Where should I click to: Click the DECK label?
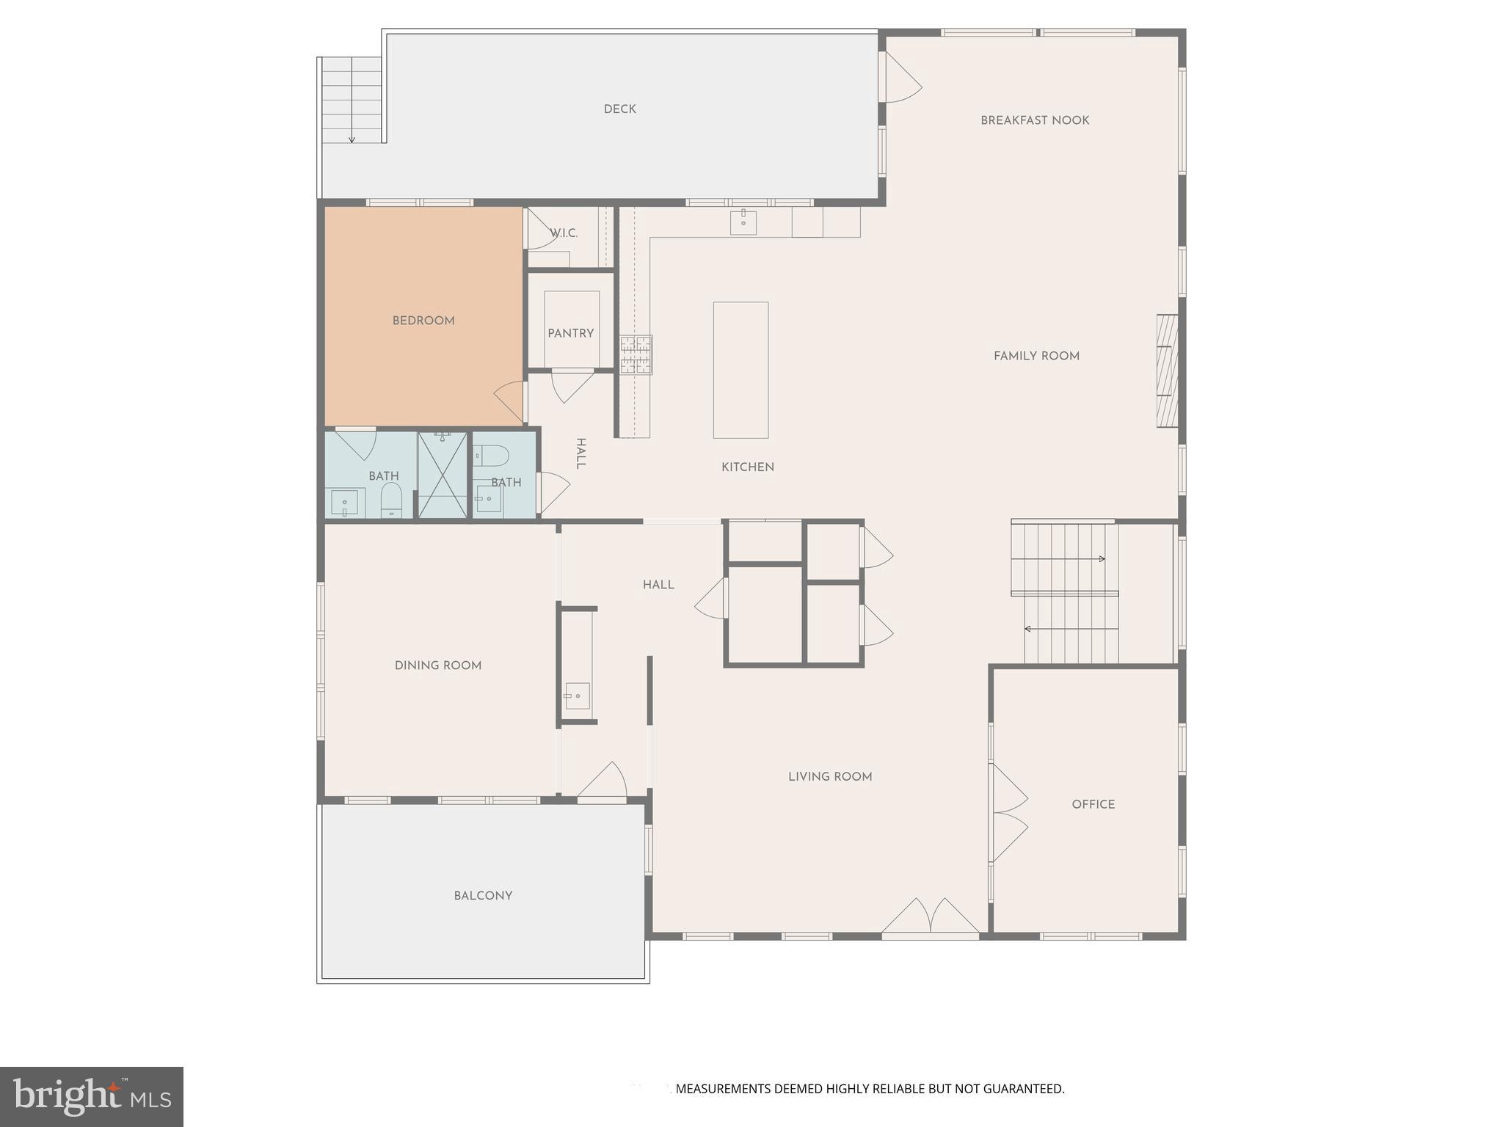tap(619, 109)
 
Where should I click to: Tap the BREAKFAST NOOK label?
tap(1034, 120)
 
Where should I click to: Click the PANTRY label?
tap(570, 333)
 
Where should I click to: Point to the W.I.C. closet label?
tap(564, 233)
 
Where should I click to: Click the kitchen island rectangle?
tap(740, 370)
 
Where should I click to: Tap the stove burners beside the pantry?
tap(635, 355)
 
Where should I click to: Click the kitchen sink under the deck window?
tap(743, 222)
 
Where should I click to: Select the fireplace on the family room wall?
tap(1167, 371)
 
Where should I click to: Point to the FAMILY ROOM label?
tap(1036, 356)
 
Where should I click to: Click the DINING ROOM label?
tap(437, 665)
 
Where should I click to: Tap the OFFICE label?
tap(1093, 804)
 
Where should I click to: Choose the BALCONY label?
tap(482, 895)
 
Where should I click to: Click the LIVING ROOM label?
tap(829, 776)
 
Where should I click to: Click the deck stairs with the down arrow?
tap(352, 100)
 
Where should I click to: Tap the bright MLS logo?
tap(91, 1096)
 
